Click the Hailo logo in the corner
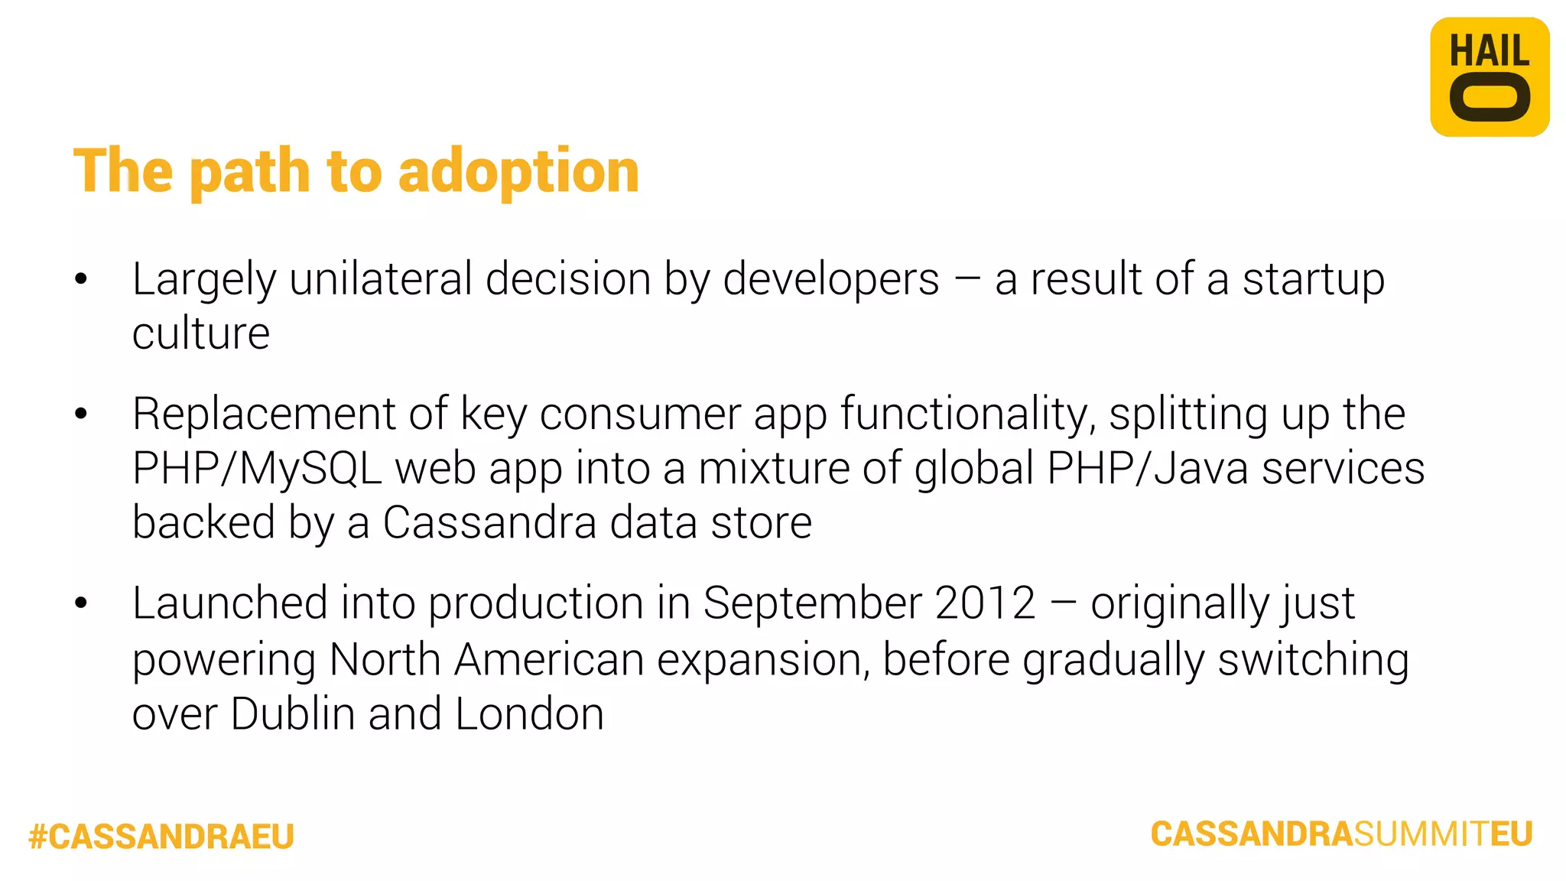pyautogui.click(x=1489, y=77)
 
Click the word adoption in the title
pyautogui.click(x=518, y=172)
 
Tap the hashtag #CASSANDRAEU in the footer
pyautogui.click(x=161, y=837)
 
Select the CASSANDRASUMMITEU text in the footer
pyautogui.click(x=1341, y=834)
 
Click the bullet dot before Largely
pyautogui.click(x=81, y=279)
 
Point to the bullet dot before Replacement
pyautogui.click(x=81, y=414)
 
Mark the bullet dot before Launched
pyautogui.click(x=81, y=603)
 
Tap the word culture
pyautogui.click(x=200, y=334)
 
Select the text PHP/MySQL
pyautogui.click(x=257, y=469)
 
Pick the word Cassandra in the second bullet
pyautogui.click(x=489, y=523)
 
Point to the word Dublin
pyautogui.click(x=292, y=714)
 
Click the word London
pyautogui.click(x=529, y=714)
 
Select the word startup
pyautogui.click(x=1313, y=281)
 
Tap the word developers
pyautogui.click(x=830, y=281)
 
